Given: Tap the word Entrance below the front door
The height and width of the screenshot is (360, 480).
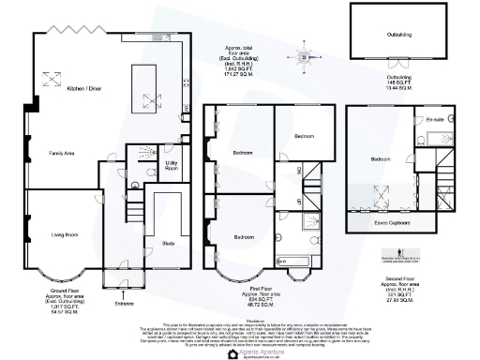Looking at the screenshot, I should click(x=124, y=303).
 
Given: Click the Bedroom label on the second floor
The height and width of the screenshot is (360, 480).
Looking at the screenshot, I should click(x=381, y=159).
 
